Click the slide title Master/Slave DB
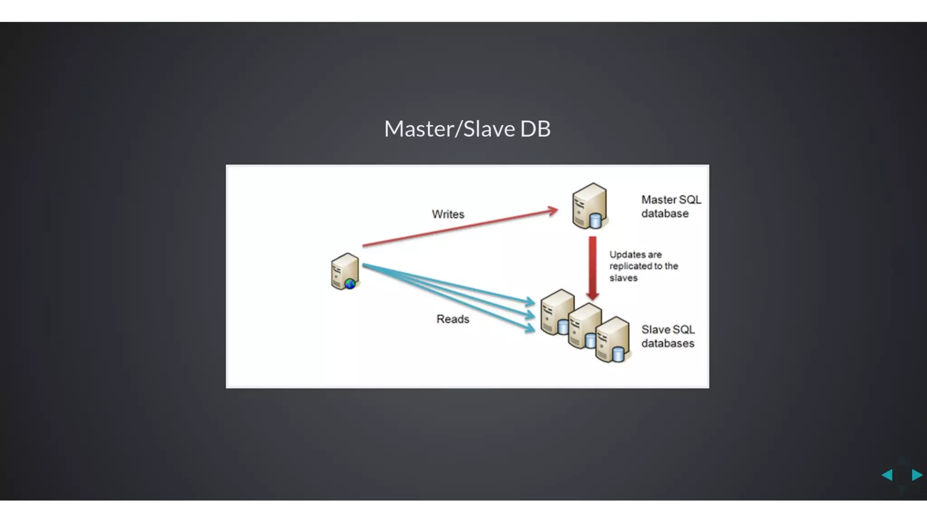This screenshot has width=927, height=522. pyautogui.click(x=467, y=129)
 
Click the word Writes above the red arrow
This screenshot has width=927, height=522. pyautogui.click(x=448, y=214)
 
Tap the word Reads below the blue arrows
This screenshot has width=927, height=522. pyautogui.click(x=453, y=319)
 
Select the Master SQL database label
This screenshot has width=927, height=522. pyautogui.click(x=670, y=207)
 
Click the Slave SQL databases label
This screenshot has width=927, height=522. pyautogui.click(x=668, y=336)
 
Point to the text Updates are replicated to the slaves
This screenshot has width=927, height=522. pyautogui.click(x=643, y=266)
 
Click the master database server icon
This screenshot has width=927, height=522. pyautogui.click(x=589, y=206)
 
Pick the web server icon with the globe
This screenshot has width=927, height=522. pyautogui.click(x=344, y=271)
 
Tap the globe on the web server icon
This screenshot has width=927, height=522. pyautogui.click(x=350, y=284)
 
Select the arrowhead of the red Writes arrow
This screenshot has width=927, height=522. pyautogui.click(x=553, y=211)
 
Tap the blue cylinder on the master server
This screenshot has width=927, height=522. pyautogui.click(x=596, y=221)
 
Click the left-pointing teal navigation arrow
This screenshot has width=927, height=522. pyautogui.click(x=887, y=474)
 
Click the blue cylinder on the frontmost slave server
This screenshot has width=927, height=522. pyautogui.click(x=618, y=354)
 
